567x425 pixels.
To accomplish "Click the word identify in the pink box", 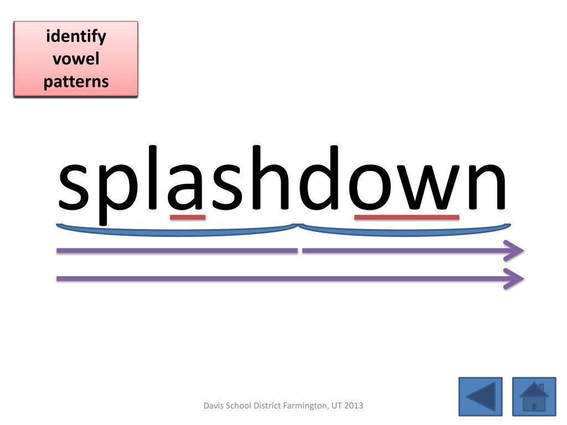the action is point(76,37).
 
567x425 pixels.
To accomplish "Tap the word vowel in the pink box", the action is point(76,59).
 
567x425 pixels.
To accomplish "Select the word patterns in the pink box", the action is point(76,81).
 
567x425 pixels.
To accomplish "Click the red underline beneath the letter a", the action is point(188,217).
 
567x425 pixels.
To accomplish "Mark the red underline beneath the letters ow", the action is point(406,217).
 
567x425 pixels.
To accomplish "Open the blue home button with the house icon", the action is point(534,396).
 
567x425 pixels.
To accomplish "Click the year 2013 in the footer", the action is point(353,406).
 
